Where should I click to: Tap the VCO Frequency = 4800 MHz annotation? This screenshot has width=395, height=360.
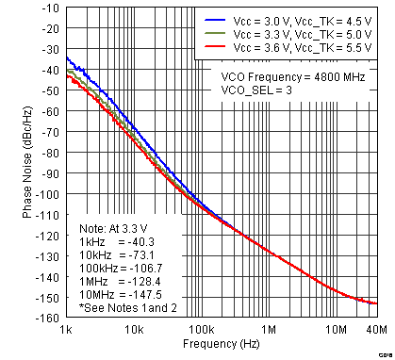(292, 77)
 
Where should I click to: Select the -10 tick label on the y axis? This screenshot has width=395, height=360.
(51, 8)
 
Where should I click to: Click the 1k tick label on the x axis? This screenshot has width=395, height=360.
(66, 331)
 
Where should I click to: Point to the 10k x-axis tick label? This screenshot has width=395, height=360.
(133, 331)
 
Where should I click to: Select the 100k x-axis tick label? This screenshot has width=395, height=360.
(200, 331)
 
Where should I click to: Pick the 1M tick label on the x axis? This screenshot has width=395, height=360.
(269, 331)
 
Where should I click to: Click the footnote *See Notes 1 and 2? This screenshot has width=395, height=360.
(122, 307)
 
